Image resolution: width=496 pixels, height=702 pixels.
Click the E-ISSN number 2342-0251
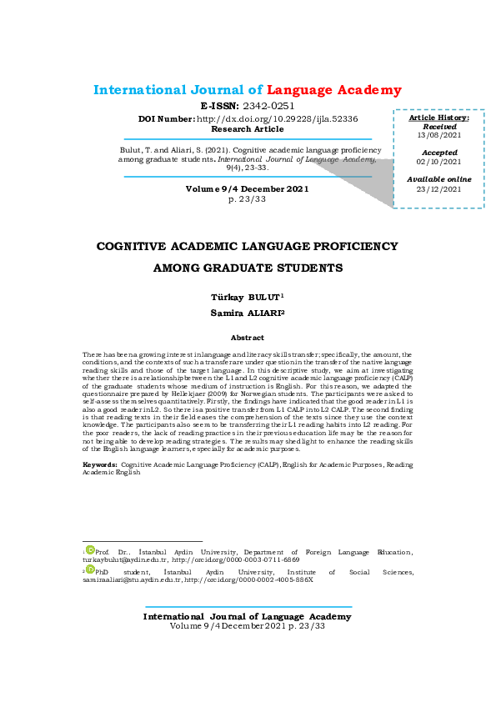tap(268, 107)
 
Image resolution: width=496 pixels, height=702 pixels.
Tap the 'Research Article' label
tap(247, 129)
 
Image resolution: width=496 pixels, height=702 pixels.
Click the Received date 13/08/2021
tap(438, 135)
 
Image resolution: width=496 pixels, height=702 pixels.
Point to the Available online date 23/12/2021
tap(438, 189)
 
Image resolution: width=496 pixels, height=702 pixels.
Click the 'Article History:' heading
tap(438, 118)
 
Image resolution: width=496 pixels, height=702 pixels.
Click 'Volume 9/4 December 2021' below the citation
tap(247, 189)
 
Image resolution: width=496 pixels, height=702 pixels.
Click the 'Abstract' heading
tap(247, 338)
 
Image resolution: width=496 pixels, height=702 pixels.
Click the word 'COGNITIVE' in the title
tap(139, 247)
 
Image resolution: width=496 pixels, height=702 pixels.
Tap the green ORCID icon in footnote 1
tap(91, 549)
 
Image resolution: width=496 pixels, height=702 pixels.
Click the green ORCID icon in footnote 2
tap(91, 569)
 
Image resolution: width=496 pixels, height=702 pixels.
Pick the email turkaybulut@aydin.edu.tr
tap(124, 559)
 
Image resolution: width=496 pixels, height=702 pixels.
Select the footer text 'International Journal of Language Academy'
tap(247, 617)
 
